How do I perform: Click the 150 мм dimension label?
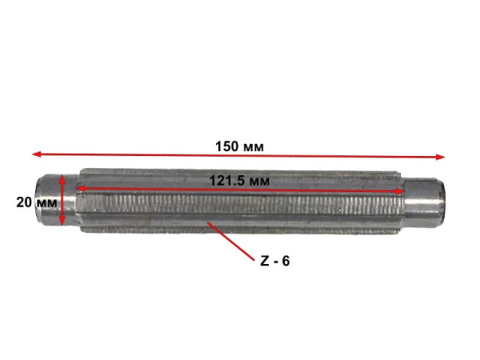239,146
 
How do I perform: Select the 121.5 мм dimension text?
239,181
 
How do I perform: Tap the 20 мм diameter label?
37,202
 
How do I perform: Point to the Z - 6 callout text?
275,261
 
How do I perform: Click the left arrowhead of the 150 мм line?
36,154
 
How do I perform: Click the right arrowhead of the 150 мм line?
440,157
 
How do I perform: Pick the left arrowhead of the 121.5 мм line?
80,188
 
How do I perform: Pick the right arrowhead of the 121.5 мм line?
401,191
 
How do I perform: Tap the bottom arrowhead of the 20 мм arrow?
62,221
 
